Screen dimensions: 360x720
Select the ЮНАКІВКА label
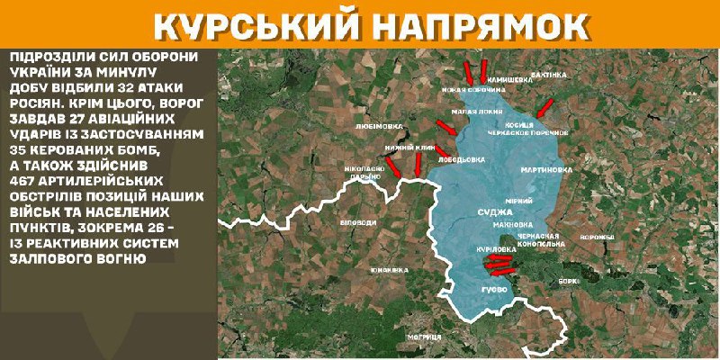point(389,270)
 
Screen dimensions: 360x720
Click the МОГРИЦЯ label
point(423,336)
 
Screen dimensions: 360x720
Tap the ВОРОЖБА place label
point(596,238)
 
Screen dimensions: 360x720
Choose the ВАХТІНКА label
point(550,74)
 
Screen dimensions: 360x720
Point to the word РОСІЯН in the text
point(36,101)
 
